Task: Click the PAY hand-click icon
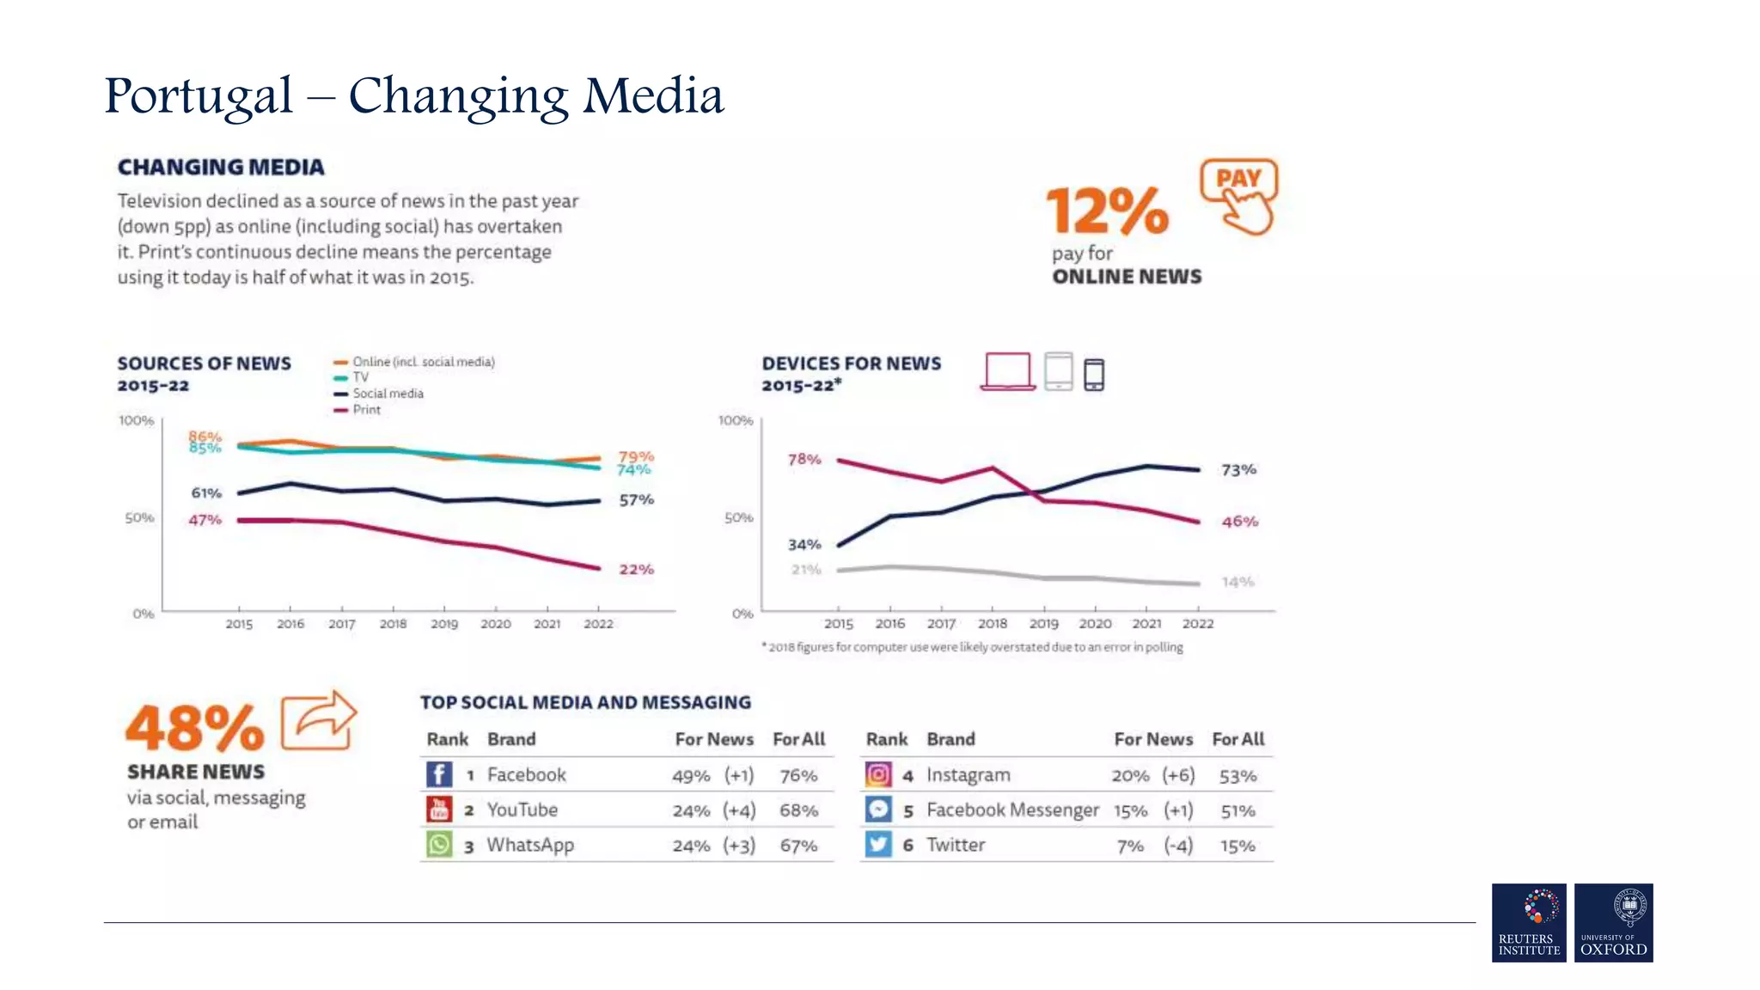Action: click(x=1239, y=196)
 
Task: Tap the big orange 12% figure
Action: click(x=1107, y=211)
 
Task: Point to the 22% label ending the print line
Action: click(x=636, y=570)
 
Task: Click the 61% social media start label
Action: click(x=206, y=493)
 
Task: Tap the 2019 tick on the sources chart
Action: click(x=444, y=624)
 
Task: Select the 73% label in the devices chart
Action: click(x=1238, y=470)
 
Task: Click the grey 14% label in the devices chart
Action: click(x=1237, y=583)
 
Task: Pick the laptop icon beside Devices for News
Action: click(x=1007, y=371)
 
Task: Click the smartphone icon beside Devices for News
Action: click(x=1094, y=375)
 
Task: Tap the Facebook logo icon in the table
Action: click(x=439, y=774)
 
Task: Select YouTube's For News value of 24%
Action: click(x=691, y=810)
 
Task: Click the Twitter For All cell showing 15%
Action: click(x=1237, y=846)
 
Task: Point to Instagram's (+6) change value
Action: click(x=1178, y=775)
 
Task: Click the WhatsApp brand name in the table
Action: click(x=530, y=846)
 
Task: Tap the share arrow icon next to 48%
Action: click(x=319, y=720)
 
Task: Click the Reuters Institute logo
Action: click(x=1529, y=922)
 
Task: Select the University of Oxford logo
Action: click(x=1613, y=922)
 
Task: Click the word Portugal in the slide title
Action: click(x=199, y=96)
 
